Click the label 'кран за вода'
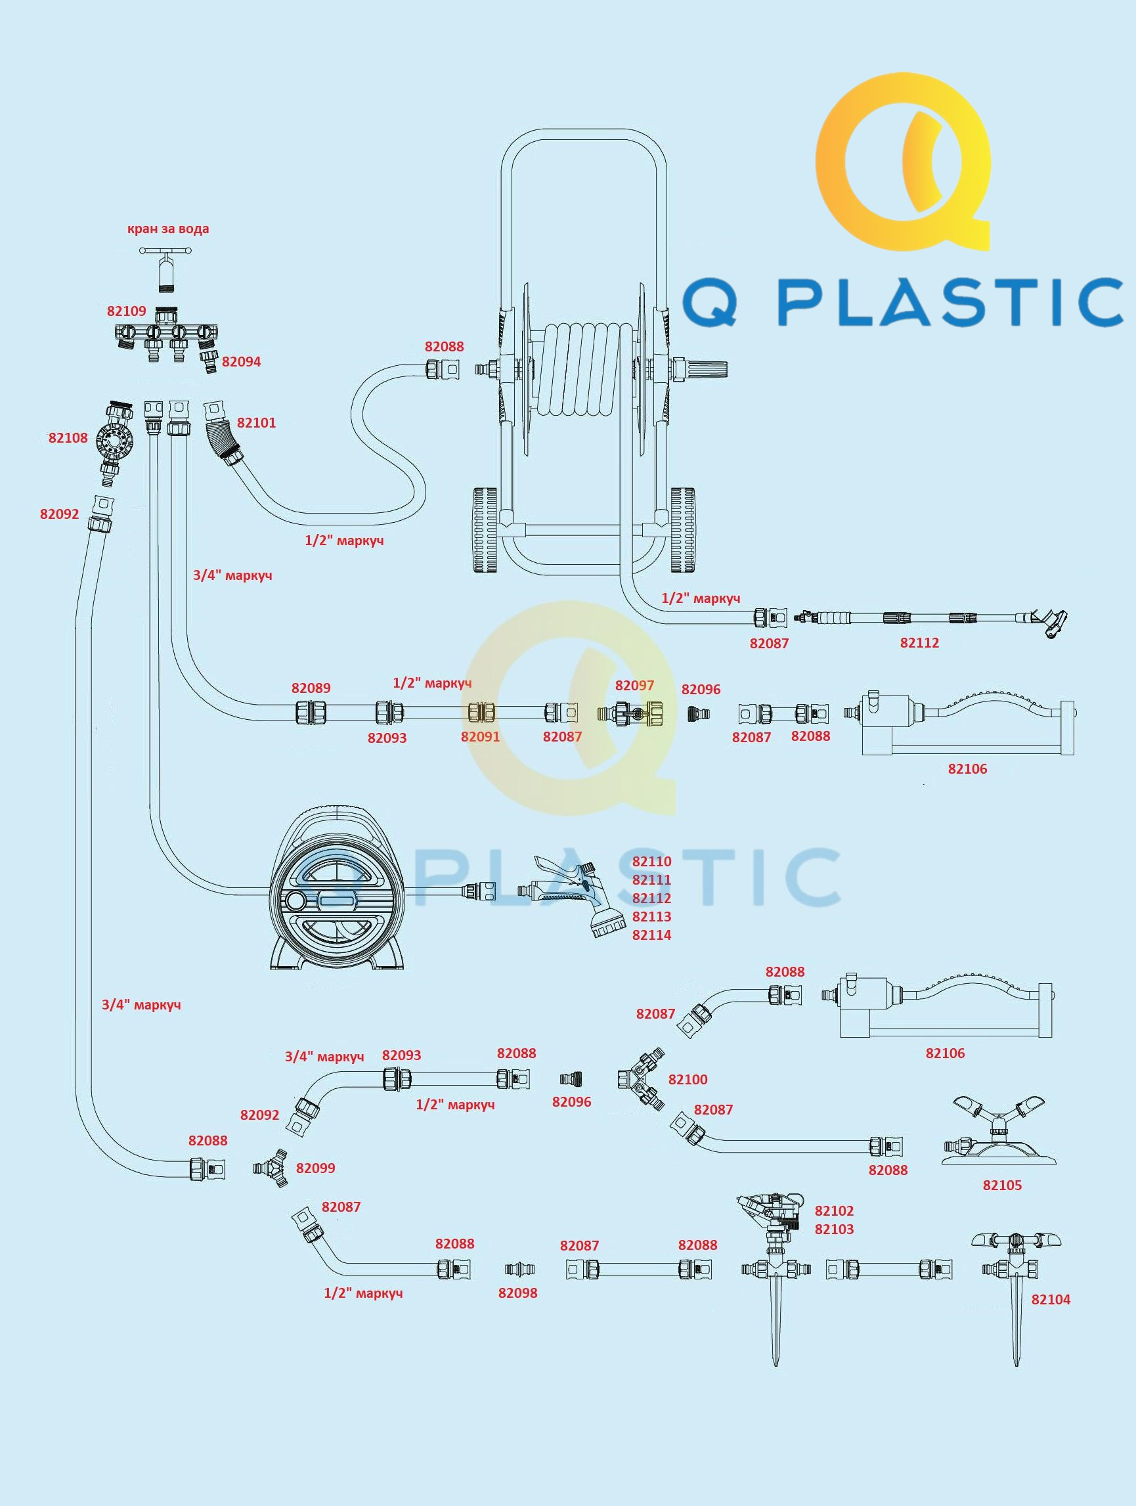click(168, 229)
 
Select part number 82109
click(127, 311)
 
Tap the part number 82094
click(242, 361)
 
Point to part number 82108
click(68, 438)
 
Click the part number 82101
click(257, 423)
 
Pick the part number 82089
click(311, 688)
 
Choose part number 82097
click(634, 686)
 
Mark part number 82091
click(480, 736)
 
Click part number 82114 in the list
click(651, 935)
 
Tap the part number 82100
click(688, 1079)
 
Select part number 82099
click(315, 1168)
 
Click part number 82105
click(1002, 1185)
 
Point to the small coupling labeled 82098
click(519, 1269)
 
